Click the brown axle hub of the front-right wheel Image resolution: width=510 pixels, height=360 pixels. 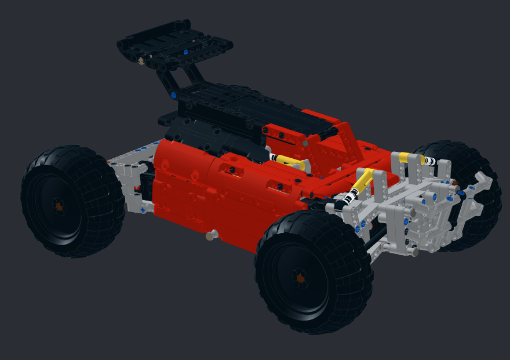[x=300, y=279]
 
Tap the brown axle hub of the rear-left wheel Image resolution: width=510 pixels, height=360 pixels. [x=59, y=206]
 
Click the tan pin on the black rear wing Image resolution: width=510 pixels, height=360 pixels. [x=141, y=60]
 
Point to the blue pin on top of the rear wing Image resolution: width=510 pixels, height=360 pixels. [x=185, y=52]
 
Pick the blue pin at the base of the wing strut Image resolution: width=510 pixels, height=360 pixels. [x=173, y=95]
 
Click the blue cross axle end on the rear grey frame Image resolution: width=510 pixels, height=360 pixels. [x=142, y=209]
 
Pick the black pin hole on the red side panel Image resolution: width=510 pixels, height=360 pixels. [x=233, y=169]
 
